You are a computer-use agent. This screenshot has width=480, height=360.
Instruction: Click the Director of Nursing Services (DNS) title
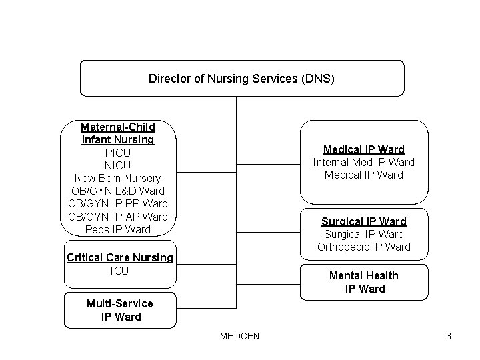[241, 79]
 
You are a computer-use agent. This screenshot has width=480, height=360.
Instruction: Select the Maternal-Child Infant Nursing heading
[118, 133]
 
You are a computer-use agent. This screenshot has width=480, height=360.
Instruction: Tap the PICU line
[118, 153]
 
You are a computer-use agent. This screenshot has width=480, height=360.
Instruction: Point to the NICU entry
[118, 165]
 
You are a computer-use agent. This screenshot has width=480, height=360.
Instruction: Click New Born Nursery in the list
[118, 179]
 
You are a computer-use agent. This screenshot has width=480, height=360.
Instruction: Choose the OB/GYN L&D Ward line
[118, 191]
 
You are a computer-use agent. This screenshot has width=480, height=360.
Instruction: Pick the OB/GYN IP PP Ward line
[118, 204]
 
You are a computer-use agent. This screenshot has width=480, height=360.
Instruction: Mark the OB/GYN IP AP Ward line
[118, 217]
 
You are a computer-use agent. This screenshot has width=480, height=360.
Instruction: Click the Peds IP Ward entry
[118, 229]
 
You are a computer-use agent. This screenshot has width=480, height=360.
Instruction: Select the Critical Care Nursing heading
[120, 258]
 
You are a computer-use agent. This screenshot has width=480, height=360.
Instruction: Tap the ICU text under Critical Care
[119, 271]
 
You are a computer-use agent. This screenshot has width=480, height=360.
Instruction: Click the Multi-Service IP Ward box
[120, 310]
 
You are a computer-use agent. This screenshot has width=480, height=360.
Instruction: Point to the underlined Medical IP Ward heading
[364, 149]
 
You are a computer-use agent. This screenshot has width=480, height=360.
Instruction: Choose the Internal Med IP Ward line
[364, 162]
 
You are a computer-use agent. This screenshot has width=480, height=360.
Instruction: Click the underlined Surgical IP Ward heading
[364, 221]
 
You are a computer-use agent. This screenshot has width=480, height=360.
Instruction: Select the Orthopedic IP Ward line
[364, 247]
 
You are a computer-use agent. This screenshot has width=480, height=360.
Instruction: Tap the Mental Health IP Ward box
[364, 282]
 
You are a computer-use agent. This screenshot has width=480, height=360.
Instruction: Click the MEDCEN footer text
[239, 336]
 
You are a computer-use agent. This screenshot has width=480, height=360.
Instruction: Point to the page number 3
[449, 336]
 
